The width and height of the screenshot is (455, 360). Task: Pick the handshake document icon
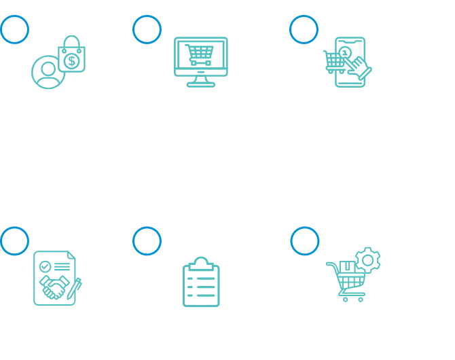coord(57,278)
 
